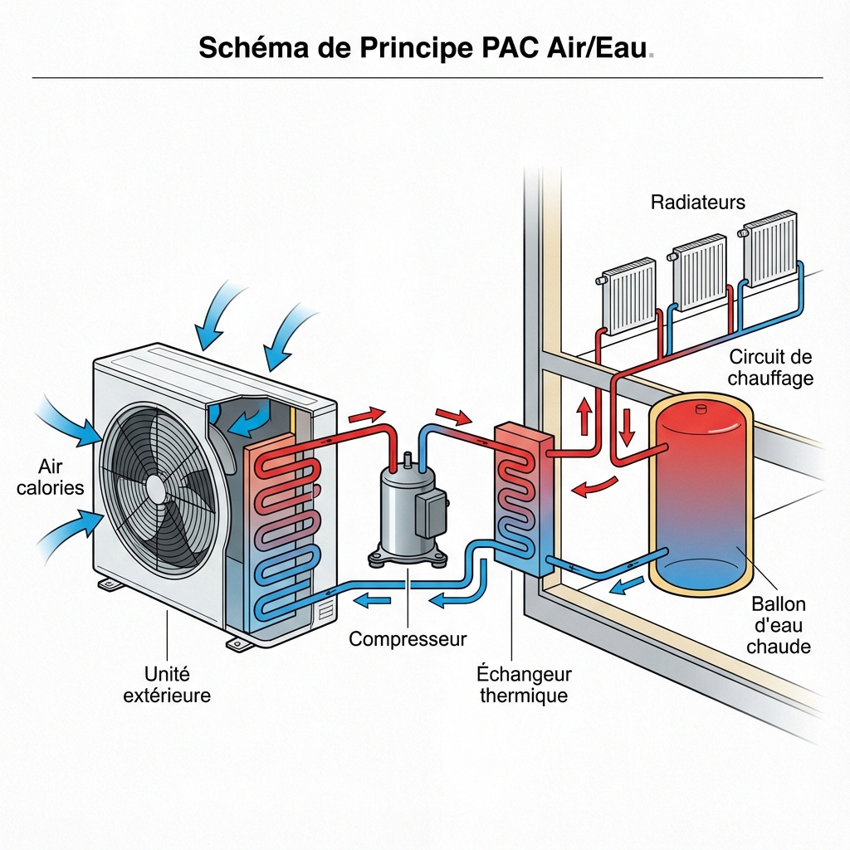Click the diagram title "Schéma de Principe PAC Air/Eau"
(424, 48)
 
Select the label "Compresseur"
(407, 639)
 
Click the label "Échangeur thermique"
(524, 684)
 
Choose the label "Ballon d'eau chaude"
(778, 625)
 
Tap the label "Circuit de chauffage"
(769, 368)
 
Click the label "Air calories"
(51, 476)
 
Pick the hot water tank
(703, 494)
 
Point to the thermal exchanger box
(524, 499)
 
